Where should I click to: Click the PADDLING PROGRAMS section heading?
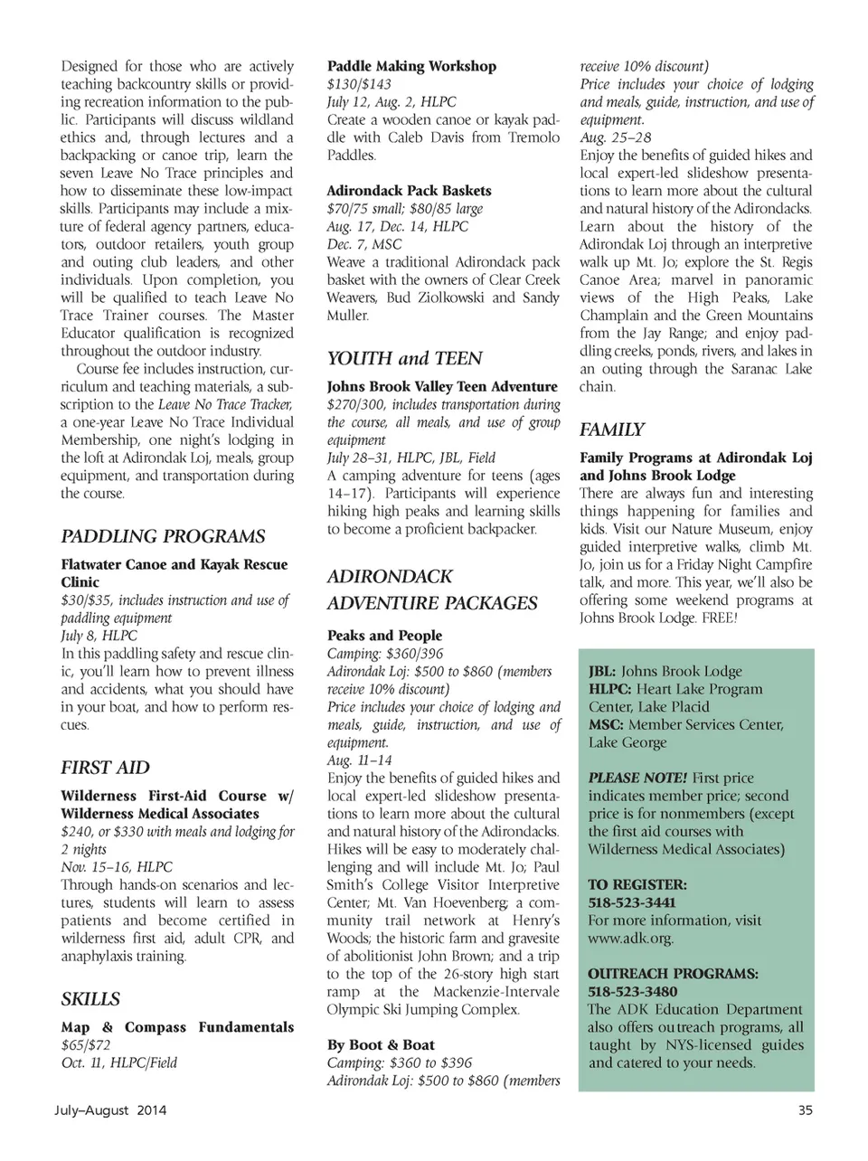tap(163, 536)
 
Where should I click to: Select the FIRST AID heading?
tap(105, 768)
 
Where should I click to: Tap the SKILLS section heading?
tap(90, 999)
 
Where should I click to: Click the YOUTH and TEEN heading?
tap(404, 358)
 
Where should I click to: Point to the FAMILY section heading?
tap(612, 429)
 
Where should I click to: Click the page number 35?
tap(806, 1110)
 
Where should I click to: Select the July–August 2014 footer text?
tap(113, 1110)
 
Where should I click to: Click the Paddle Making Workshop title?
tap(411, 66)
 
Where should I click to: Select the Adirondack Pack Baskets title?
tap(409, 191)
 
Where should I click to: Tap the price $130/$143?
tap(359, 84)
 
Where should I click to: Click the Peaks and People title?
tap(384, 636)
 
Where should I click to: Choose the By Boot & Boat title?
tap(381, 1044)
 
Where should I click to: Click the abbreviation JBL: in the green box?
tap(602, 671)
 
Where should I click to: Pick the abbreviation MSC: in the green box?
tap(606, 724)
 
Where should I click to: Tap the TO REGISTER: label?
tap(637, 884)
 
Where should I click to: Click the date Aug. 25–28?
tap(615, 137)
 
